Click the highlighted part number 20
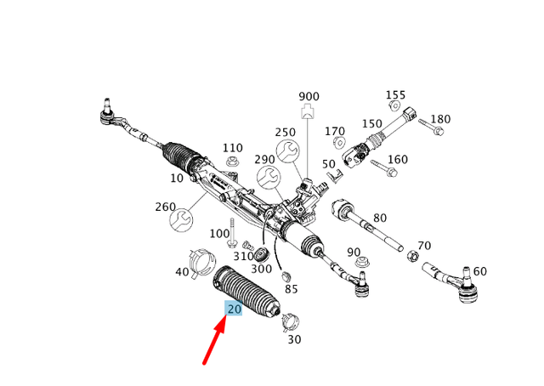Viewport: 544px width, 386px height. [x=234, y=309]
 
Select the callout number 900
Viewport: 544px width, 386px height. [x=309, y=96]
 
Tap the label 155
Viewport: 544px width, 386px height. [x=396, y=95]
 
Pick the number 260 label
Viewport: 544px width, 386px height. [x=166, y=207]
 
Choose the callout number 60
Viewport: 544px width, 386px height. [x=480, y=271]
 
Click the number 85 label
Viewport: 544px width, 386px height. [x=292, y=289]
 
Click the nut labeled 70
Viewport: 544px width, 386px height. [x=412, y=255]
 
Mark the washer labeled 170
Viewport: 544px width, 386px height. [x=338, y=142]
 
